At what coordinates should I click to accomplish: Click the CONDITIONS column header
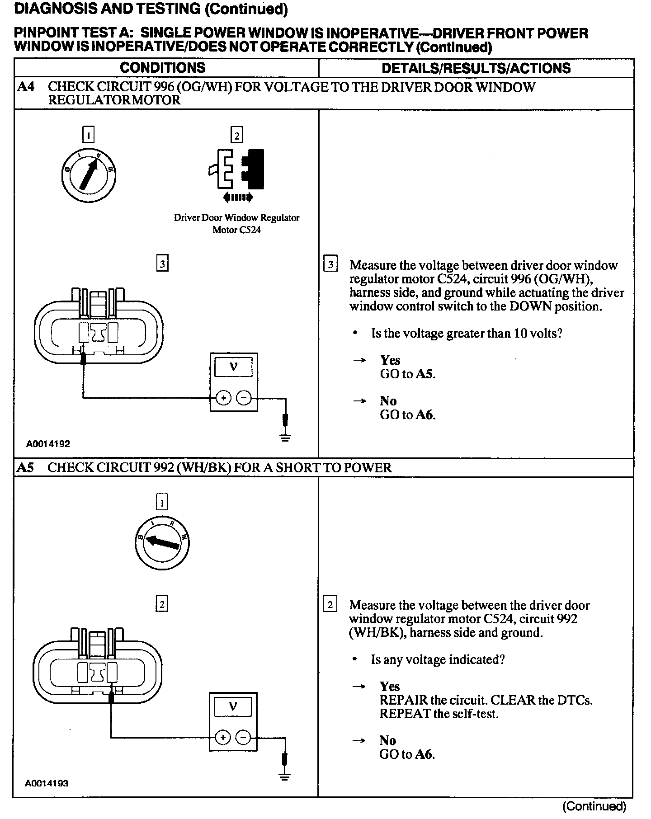pyautogui.click(x=163, y=68)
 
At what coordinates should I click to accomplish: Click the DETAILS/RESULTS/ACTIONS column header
pyautogui.click(x=476, y=68)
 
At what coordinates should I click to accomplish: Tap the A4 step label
pyautogui.click(x=25, y=87)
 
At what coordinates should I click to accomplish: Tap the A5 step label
pyautogui.click(x=25, y=467)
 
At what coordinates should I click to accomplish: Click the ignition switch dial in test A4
pyautogui.click(x=89, y=174)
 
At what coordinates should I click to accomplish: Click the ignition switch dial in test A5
pyautogui.click(x=162, y=542)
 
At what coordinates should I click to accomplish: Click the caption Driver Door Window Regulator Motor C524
pyautogui.click(x=236, y=224)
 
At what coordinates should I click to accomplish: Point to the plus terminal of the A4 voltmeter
pyautogui.click(x=223, y=398)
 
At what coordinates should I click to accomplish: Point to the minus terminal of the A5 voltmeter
pyautogui.click(x=243, y=738)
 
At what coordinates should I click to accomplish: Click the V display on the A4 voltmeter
pyautogui.click(x=234, y=367)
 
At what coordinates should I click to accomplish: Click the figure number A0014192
pyautogui.click(x=48, y=444)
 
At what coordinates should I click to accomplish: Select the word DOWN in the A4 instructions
pyautogui.click(x=529, y=306)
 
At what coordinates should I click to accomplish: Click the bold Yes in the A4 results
pyautogui.click(x=390, y=360)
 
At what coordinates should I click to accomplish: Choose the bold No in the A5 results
pyautogui.click(x=388, y=740)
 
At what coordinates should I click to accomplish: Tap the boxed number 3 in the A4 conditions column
pyautogui.click(x=162, y=264)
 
